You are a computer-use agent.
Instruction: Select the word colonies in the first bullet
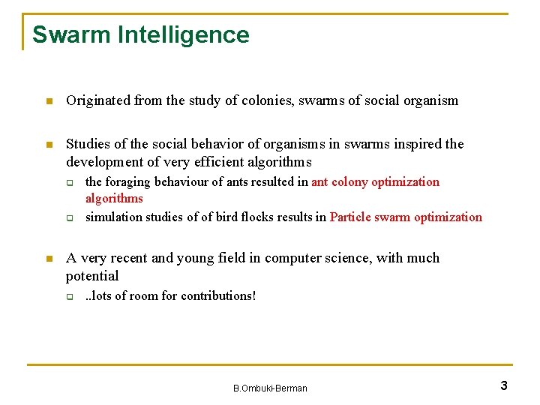point(259,100)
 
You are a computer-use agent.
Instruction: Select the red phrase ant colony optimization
point(375,182)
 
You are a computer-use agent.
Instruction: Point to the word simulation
point(113,217)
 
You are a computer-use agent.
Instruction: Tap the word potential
point(92,276)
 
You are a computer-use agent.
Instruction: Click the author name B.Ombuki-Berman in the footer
point(270,388)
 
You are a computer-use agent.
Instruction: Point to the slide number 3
point(504,386)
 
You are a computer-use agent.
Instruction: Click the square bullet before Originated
point(48,101)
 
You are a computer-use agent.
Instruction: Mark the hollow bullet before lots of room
point(69,296)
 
